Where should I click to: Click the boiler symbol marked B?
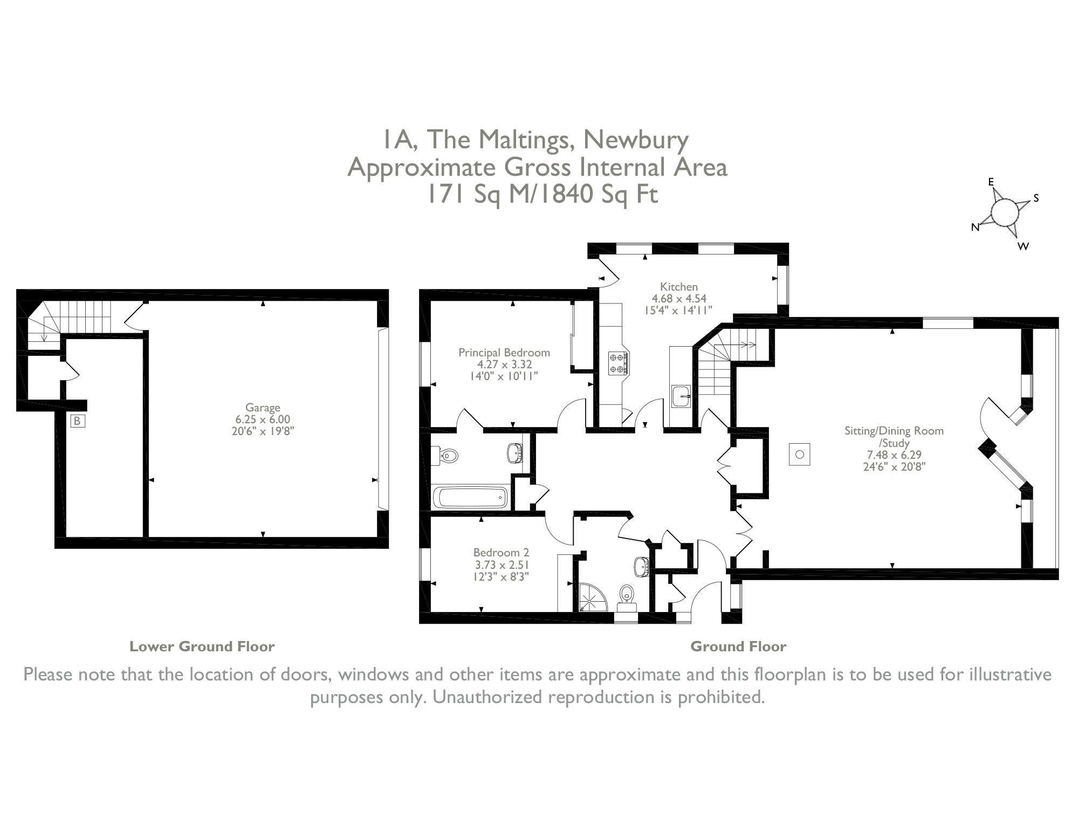point(78,421)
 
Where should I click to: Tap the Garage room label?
point(263,408)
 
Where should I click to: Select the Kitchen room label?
point(679,287)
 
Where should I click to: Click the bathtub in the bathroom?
point(471,497)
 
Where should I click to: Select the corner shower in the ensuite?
point(592,597)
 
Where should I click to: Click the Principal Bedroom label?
point(504,353)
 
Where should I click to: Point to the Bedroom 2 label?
point(501,553)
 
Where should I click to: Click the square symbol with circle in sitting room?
point(800,455)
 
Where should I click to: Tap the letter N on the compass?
point(975,228)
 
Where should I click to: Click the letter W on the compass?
point(1023,246)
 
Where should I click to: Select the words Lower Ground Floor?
point(202,646)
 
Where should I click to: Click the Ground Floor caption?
point(738,646)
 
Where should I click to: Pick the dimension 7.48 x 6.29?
point(894,455)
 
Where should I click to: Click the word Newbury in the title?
point(636,140)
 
